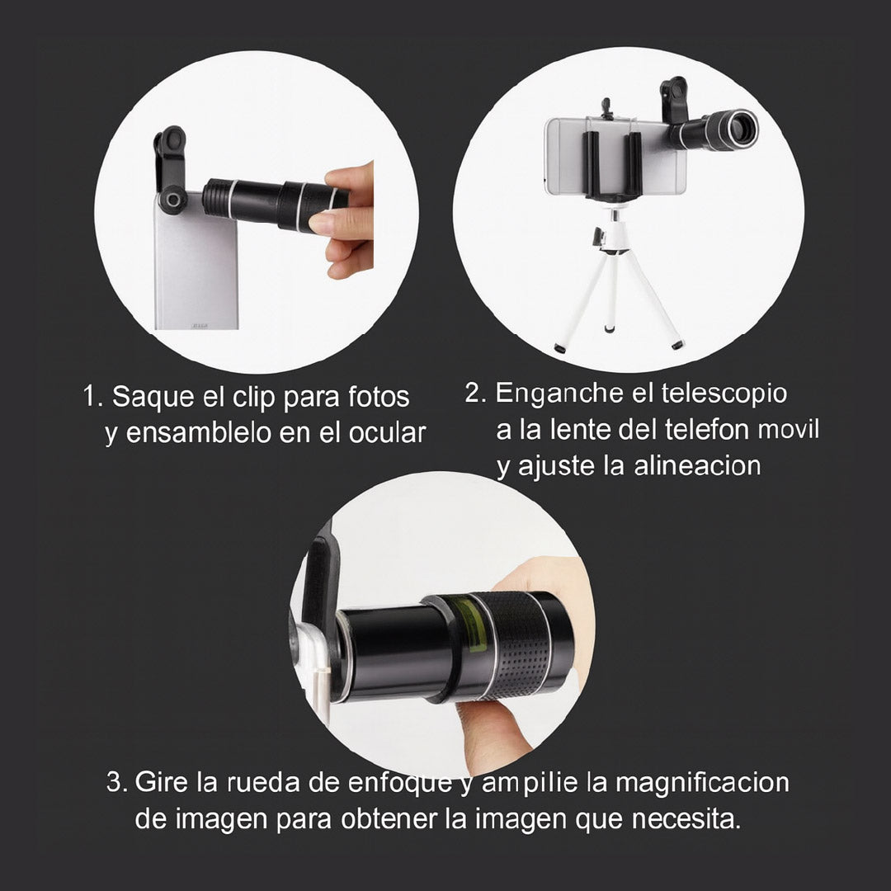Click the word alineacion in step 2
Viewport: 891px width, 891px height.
point(697,467)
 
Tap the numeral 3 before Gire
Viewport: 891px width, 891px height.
point(115,782)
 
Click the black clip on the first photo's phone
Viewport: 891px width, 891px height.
point(170,169)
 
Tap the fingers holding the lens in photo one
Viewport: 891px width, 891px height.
point(346,219)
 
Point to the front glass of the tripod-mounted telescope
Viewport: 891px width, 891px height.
point(740,128)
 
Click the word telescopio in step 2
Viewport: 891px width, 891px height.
point(724,394)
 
